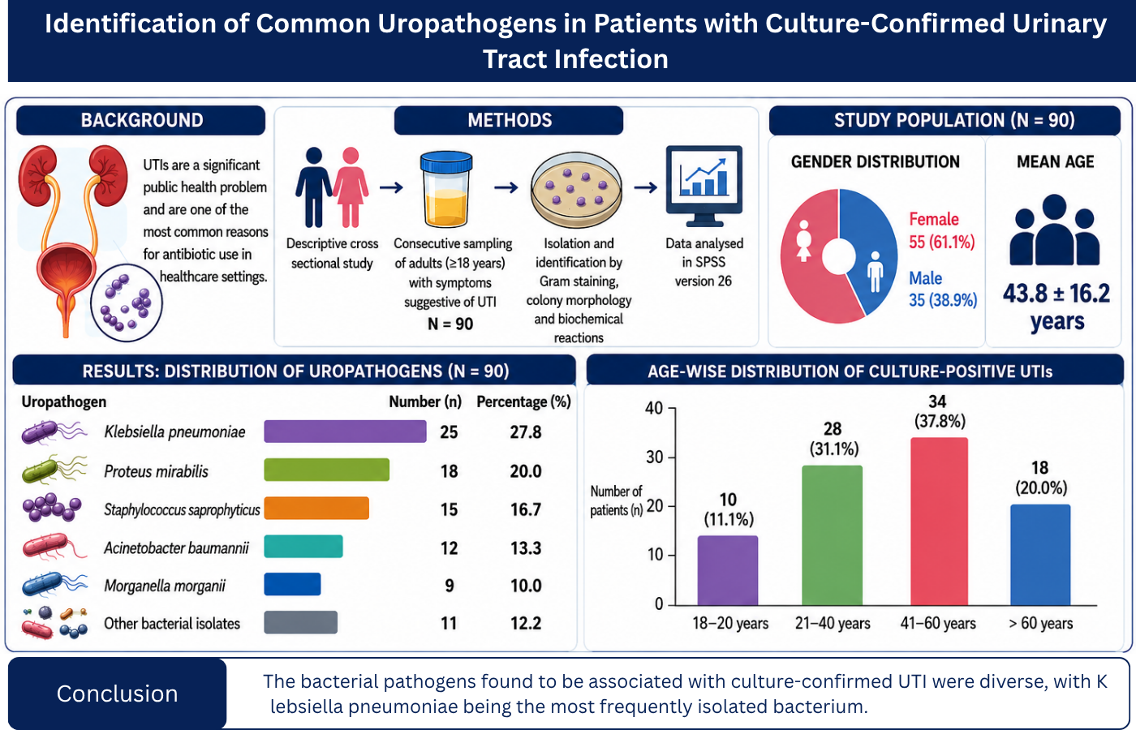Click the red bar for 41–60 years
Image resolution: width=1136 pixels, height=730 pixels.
coord(939,521)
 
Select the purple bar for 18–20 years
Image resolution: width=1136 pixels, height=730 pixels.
coord(728,570)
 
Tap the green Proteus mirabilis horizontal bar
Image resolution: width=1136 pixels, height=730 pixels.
coord(326,470)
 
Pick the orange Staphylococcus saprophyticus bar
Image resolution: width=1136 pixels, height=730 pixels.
coord(316,508)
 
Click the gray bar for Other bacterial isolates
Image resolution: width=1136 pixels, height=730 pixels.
coord(301,622)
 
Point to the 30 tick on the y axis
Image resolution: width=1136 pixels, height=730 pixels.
coord(654,457)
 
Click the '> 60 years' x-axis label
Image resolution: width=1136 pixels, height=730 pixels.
coord(1040,623)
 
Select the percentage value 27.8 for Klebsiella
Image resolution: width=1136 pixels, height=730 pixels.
coord(526,432)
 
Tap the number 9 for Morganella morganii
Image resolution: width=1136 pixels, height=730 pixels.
coord(450,586)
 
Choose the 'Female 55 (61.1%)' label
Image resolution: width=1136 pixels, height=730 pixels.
coord(942,230)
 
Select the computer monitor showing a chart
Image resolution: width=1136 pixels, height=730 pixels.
coord(704,186)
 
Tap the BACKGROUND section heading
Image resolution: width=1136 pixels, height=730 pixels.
coord(141,120)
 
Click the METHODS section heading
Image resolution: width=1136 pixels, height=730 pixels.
coord(510,120)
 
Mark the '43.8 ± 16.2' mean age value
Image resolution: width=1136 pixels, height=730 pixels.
coord(1056,294)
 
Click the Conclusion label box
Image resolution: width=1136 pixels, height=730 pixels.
coord(117,693)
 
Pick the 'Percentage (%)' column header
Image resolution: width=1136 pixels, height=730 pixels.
coord(524,402)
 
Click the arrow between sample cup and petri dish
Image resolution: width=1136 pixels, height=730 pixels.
coord(506,188)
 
